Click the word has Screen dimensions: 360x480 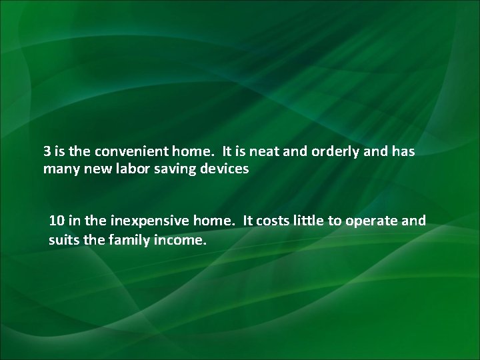[x=403, y=151]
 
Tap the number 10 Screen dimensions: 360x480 [x=57, y=221]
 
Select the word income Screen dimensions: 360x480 [x=178, y=239]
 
